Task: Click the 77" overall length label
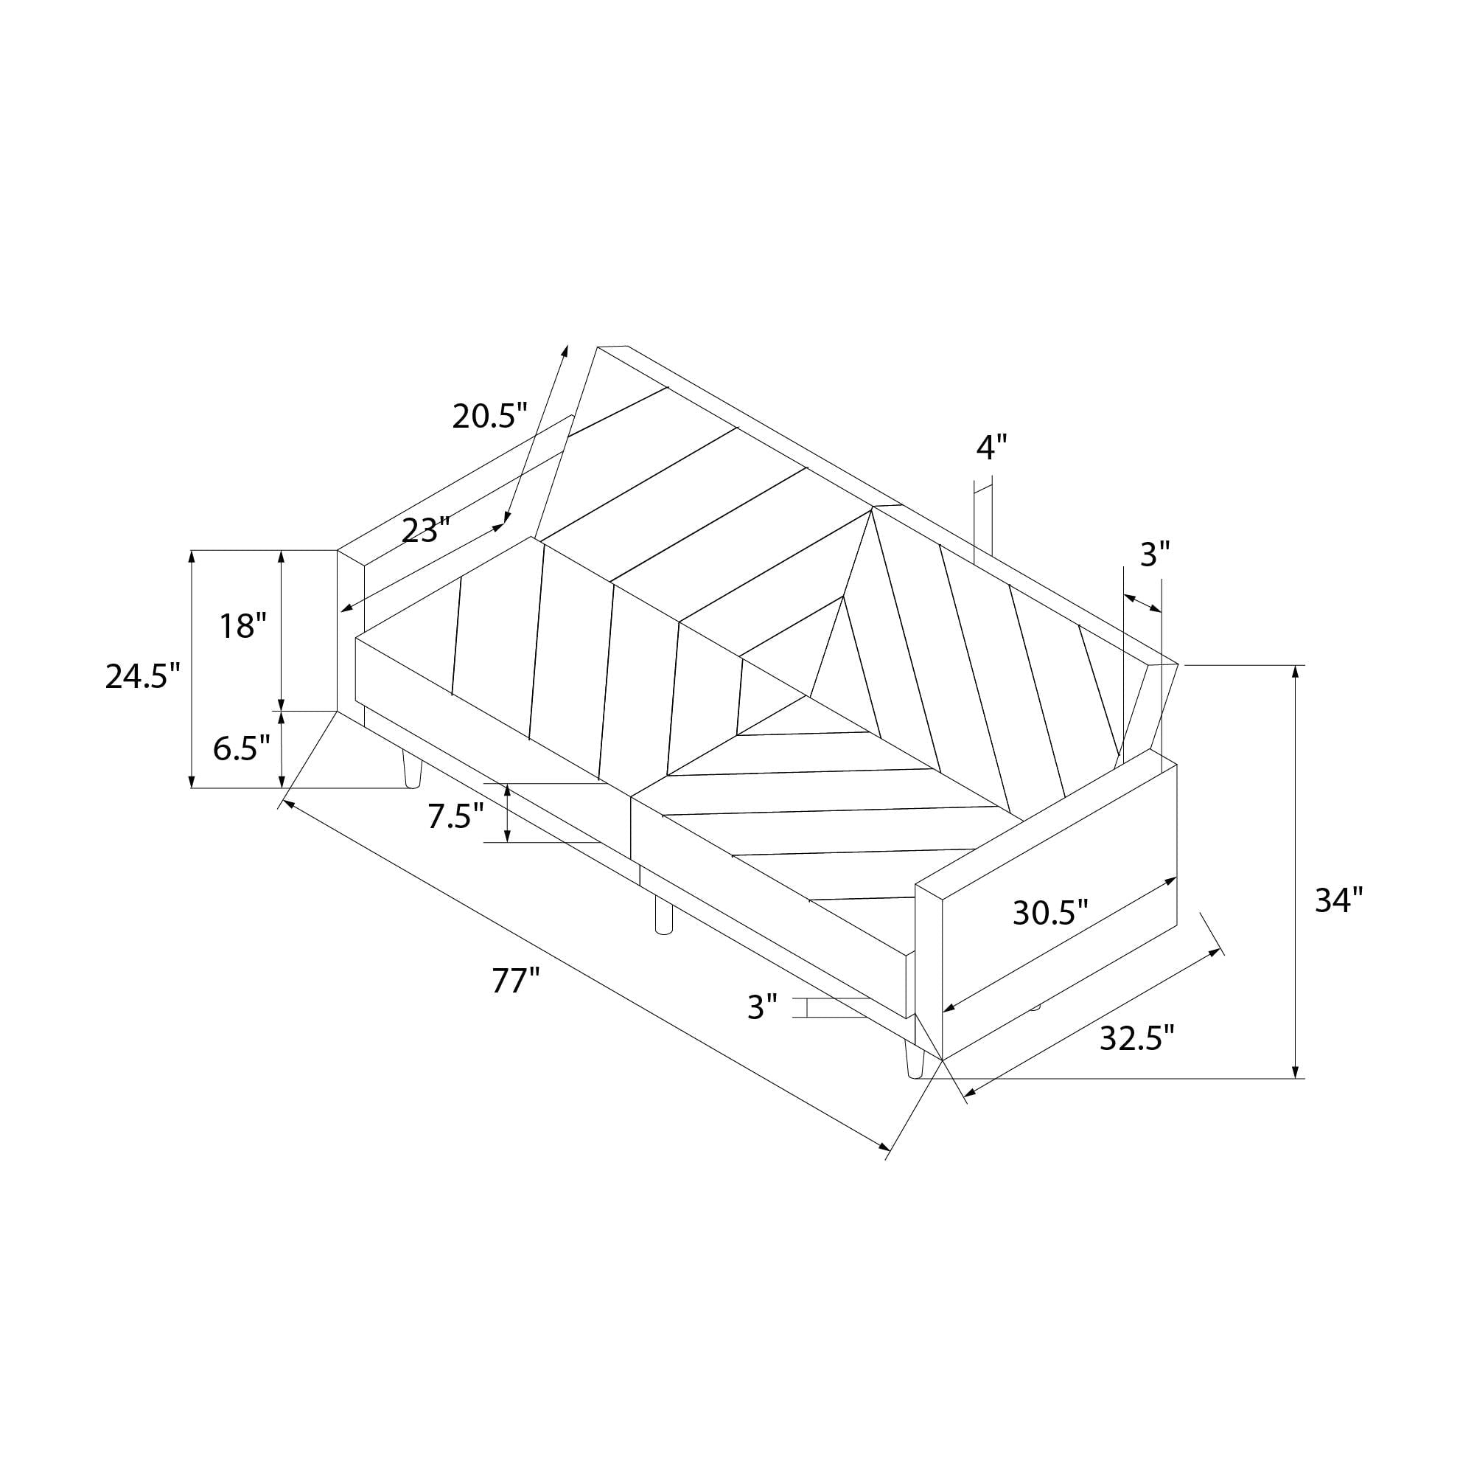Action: [x=516, y=980]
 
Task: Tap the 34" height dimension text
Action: [x=1338, y=901]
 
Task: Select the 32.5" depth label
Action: [x=1136, y=1038]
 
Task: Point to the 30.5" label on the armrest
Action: [x=1049, y=912]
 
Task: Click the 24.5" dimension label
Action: [x=143, y=676]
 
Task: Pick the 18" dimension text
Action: [x=243, y=626]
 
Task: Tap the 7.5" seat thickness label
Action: [x=455, y=816]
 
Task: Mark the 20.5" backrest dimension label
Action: [x=490, y=416]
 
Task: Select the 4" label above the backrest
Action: [x=992, y=448]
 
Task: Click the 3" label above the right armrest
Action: [x=1155, y=555]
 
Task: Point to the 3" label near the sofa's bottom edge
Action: [x=762, y=1007]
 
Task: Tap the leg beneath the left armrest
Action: [x=412, y=768]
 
